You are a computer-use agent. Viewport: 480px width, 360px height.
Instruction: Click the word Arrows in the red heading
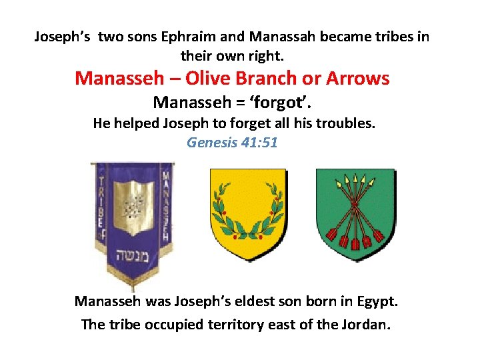358,78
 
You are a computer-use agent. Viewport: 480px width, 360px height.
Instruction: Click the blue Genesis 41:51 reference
232,142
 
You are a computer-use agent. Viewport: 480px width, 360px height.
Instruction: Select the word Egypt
375,301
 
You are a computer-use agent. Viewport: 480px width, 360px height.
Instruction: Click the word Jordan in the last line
365,325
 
